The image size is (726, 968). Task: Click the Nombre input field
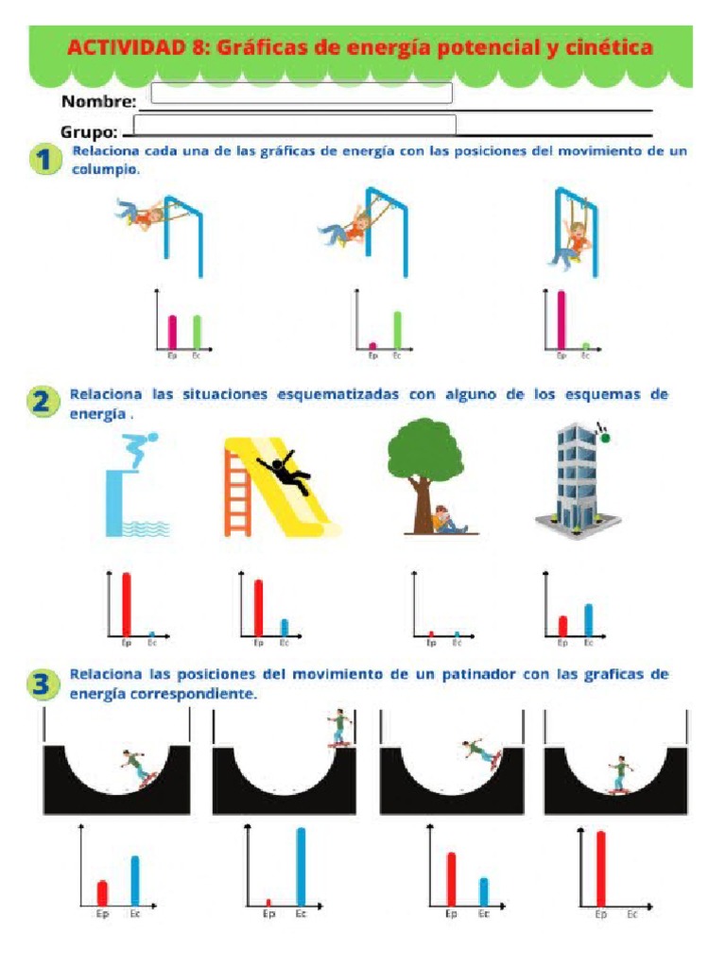(x=301, y=94)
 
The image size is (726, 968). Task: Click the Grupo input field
(x=295, y=126)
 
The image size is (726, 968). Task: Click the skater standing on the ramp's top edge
(x=338, y=728)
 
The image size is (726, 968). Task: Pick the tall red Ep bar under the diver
(x=126, y=603)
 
